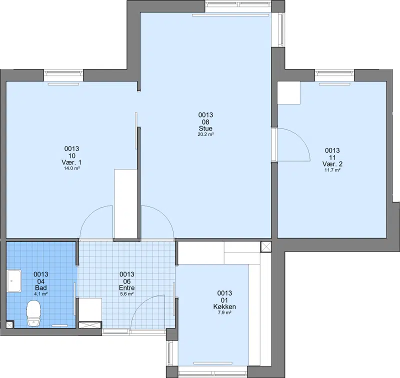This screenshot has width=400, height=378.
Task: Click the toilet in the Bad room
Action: pos(34,313)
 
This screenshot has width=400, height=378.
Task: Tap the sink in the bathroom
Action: pos(14,281)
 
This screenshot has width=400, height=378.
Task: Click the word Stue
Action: pos(205,128)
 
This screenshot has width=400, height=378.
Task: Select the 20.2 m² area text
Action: pos(205,134)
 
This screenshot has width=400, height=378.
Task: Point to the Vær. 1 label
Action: pos(71,162)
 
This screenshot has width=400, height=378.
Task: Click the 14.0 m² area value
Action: pos(71,168)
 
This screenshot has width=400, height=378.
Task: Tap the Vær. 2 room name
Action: pos(332,164)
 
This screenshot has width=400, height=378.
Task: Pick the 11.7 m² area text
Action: pos(332,170)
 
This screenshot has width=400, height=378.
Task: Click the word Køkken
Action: pos(224,306)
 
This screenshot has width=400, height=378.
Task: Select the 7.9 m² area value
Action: pos(224,312)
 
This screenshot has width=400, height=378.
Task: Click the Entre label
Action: pos(127,287)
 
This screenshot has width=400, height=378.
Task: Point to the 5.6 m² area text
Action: pos(127,294)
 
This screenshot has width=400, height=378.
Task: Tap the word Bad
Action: pos(41,287)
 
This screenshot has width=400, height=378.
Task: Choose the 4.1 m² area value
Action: pos(41,294)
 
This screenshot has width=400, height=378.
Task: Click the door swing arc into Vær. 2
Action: pos(302,137)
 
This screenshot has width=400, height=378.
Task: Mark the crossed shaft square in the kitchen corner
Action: pos(266,247)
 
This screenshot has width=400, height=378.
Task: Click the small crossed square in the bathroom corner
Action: pos(9,324)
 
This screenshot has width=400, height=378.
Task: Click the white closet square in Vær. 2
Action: pos(289,93)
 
